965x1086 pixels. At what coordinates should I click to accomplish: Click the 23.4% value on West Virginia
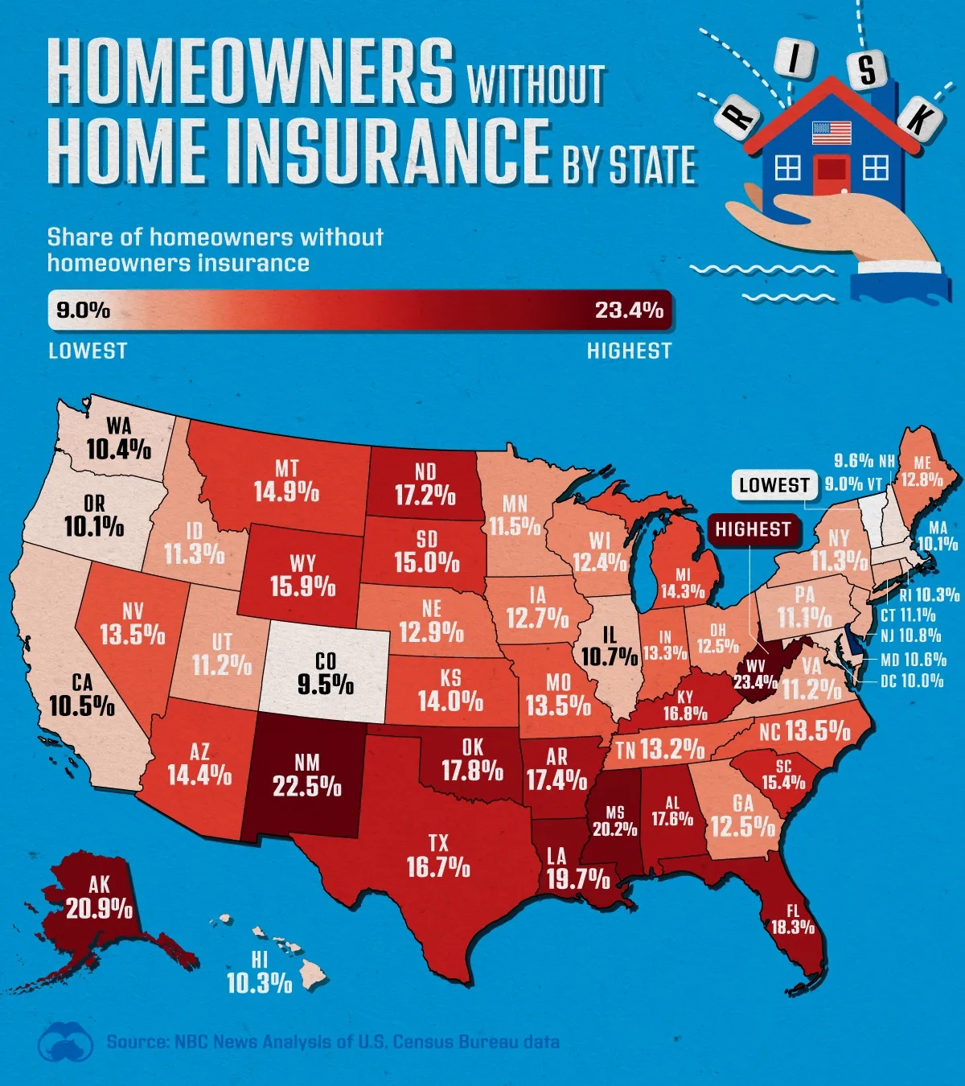755,683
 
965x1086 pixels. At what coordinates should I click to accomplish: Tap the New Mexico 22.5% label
307,775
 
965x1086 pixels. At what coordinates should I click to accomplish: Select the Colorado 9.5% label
326,674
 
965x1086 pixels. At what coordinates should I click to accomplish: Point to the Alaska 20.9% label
100,899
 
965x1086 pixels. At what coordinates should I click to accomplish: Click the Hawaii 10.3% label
259,973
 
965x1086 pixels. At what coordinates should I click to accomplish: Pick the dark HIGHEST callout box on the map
753,529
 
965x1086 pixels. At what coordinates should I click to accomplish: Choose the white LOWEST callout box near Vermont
774,485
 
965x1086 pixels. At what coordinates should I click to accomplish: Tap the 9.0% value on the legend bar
84,310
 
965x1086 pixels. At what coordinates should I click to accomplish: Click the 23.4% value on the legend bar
629,310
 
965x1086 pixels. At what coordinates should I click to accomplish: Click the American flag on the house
832,133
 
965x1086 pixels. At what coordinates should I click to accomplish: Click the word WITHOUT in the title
536,84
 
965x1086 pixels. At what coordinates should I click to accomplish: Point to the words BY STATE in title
629,165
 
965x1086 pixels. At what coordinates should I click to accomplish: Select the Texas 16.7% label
438,856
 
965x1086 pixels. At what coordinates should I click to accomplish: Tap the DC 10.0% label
912,681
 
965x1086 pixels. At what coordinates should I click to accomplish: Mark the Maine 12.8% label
922,471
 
